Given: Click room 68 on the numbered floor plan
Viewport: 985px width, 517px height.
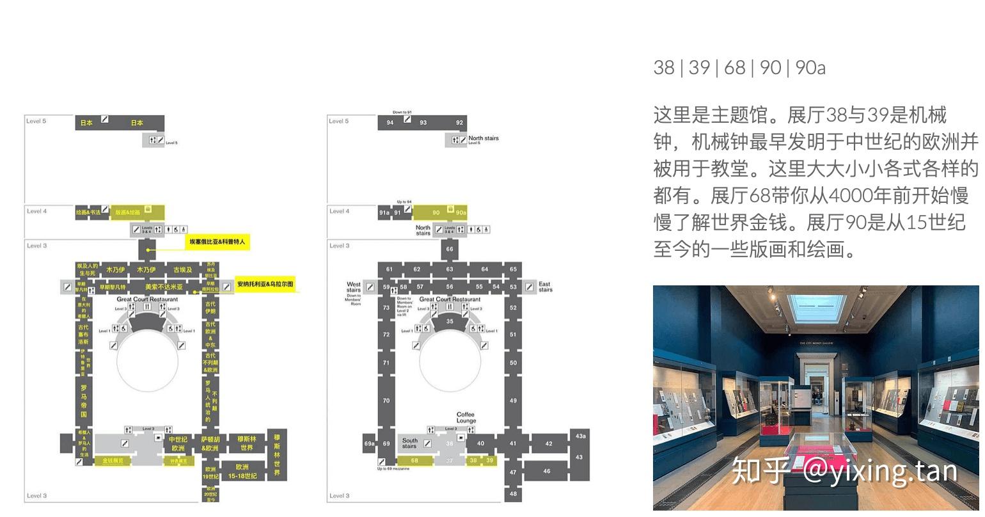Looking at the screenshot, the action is [x=414, y=461].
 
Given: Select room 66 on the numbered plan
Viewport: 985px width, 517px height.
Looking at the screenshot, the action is [x=450, y=250].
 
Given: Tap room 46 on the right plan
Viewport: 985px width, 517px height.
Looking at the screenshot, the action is [x=546, y=471].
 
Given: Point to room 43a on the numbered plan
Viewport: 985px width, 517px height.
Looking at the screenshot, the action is [x=580, y=436].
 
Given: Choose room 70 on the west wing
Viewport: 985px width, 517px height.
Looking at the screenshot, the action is [x=386, y=401].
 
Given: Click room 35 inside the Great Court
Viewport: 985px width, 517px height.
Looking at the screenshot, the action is [x=450, y=321].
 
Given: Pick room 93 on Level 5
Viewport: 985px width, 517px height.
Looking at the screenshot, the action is [x=423, y=122].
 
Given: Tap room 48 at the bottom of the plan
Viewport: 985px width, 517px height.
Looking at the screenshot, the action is [x=513, y=493].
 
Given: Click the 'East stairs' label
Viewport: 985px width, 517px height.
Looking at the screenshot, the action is [x=545, y=287].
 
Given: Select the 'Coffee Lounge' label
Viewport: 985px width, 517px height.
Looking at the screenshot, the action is [x=466, y=418].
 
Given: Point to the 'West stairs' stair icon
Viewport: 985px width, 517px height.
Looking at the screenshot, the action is [x=370, y=287].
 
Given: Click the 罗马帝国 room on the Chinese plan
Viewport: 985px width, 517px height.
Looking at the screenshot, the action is [x=83, y=401].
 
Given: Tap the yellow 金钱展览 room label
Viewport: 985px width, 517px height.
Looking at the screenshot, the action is [x=113, y=461].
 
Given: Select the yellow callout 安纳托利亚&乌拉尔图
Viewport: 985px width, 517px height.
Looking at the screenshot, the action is [x=265, y=284].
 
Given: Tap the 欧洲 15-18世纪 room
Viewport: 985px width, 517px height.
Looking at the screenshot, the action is [x=242, y=471].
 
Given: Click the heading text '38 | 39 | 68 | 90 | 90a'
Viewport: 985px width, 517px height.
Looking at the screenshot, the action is [x=739, y=67].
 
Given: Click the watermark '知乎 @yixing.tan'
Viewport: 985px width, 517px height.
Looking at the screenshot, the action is [x=844, y=471].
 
